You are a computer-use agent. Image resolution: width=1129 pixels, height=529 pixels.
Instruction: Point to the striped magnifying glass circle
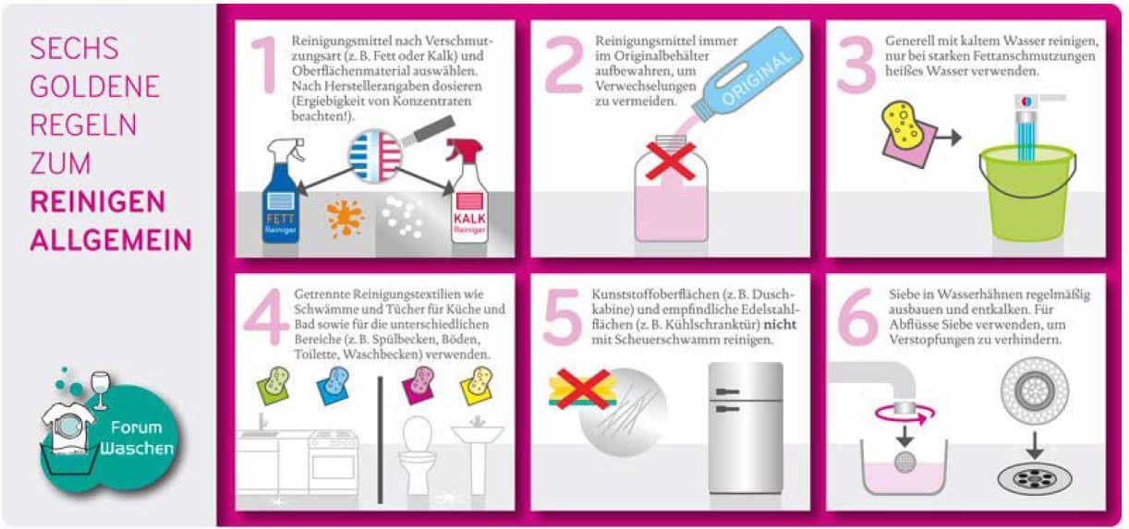(376, 154)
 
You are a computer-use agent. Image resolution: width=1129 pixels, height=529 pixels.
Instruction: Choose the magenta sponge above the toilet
(420, 380)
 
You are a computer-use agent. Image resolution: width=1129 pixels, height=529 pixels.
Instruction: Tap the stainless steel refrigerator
(745, 429)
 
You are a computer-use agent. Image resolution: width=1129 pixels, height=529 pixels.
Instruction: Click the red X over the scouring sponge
(580, 389)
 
